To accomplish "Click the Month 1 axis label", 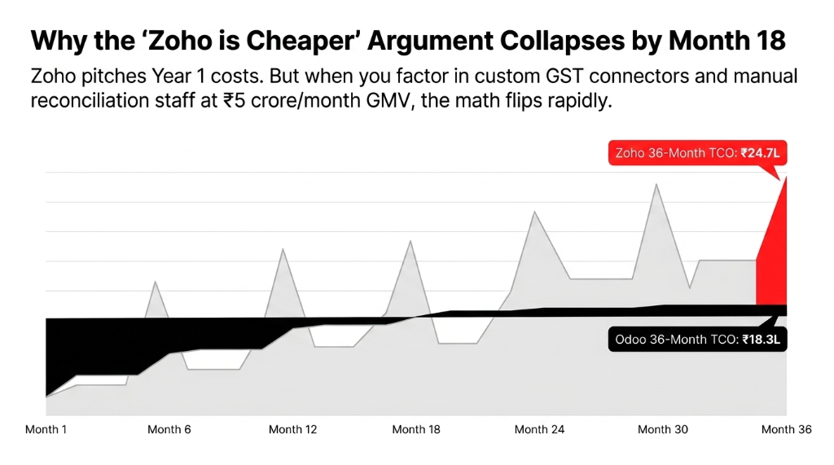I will [46, 429].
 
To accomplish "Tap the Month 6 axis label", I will [169, 429].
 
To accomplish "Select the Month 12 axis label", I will [292, 429].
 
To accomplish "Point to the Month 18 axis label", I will [416, 429].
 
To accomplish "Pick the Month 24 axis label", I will [539, 429].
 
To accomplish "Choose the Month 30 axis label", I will [662, 429].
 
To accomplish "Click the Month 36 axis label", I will [785, 429].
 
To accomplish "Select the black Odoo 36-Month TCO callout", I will [697, 340].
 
